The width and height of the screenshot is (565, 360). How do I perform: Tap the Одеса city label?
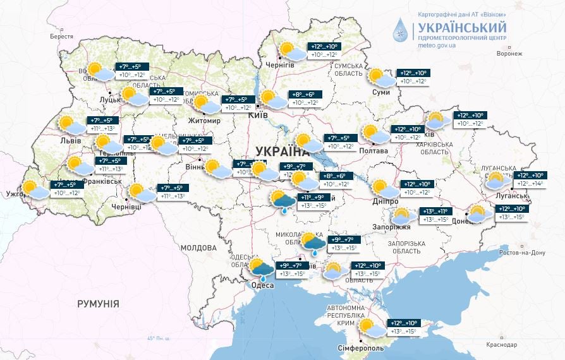(x=262, y=285)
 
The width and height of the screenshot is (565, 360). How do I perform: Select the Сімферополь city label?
(x=359, y=348)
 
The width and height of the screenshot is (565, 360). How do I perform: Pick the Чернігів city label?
(x=281, y=65)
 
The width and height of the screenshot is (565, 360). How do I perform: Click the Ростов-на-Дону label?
(x=522, y=253)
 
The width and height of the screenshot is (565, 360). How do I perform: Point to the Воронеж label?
(x=509, y=54)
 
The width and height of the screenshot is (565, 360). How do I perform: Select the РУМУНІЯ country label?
(x=98, y=304)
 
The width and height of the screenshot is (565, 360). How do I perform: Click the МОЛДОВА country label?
(x=198, y=248)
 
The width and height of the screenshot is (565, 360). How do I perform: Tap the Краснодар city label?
(x=501, y=344)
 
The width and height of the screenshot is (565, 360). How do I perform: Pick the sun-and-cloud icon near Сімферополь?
(x=370, y=328)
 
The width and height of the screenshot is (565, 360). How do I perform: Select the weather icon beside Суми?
(x=382, y=78)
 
